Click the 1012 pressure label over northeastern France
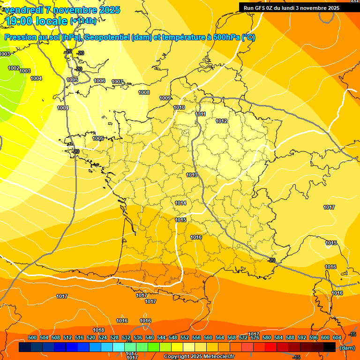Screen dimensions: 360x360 [x=221, y=121]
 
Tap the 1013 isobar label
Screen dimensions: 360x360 [x=191, y=175]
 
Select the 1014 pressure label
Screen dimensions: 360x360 [x=180, y=203]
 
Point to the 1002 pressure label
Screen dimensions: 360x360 [x=14, y=68]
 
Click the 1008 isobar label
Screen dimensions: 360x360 [x=144, y=92]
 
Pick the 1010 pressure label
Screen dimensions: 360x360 [x=179, y=107]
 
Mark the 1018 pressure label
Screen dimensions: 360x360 [x=98, y=330]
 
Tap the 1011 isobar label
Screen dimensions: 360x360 [x=200, y=114]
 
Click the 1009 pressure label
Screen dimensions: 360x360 [x=165, y=98]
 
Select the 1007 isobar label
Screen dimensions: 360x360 [x=117, y=82]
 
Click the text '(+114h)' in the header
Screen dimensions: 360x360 [x=83, y=21]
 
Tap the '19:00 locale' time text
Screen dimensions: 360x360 [x=37, y=21]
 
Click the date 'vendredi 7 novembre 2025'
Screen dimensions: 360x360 [x=63, y=10]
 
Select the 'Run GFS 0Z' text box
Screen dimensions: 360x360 [x=292, y=8]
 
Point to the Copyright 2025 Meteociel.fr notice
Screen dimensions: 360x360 [x=199, y=356]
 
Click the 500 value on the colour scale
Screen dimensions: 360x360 [x=32, y=337]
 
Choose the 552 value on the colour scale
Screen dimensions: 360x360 [x=185, y=337]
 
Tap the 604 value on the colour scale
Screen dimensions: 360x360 [x=337, y=337]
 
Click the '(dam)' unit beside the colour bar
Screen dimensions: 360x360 [x=347, y=347]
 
